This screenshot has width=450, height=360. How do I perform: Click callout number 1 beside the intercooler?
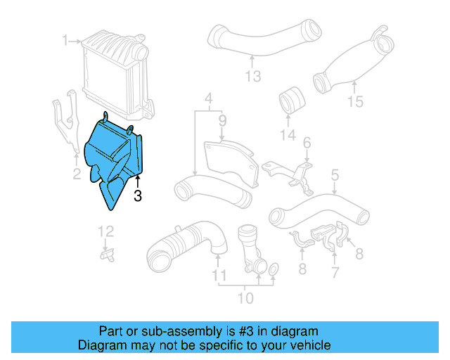click(x=65, y=41)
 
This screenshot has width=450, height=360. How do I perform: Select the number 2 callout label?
click(x=77, y=174)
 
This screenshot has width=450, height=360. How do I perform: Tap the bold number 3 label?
click(x=138, y=196)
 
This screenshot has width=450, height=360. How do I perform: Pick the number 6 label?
click(x=307, y=144)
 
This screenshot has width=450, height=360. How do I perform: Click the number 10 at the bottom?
click(x=245, y=298)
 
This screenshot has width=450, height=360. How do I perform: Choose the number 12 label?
click(x=105, y=231)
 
